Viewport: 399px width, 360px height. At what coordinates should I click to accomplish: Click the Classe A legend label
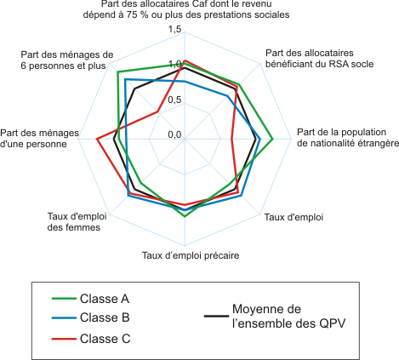coord(105,299)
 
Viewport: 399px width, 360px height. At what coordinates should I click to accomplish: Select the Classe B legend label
coord(105,317)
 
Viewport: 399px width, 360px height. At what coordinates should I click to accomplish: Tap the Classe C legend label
coord(105,339)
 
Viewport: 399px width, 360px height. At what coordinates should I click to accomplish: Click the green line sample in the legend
coord(64,299)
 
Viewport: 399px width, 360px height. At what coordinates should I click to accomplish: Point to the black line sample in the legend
coord(216,316)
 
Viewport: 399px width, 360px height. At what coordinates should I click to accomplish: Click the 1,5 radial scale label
coord(174,29)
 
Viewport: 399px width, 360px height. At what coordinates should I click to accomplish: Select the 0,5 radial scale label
coord(174,100)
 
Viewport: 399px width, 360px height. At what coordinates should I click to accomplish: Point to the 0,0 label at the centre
coord(174,134)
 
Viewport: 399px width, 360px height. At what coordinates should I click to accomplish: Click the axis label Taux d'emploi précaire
coord(191,255)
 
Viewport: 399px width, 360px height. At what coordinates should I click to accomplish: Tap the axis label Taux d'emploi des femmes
coord(77,222)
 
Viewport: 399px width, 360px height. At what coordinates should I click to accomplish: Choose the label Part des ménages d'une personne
coord(39,139)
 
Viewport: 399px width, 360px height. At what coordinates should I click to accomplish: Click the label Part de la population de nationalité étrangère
coord(348,138)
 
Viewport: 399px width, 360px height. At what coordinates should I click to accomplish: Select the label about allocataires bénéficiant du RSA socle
coord(319,59)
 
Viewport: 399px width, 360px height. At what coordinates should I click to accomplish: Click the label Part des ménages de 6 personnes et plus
coord(67,60)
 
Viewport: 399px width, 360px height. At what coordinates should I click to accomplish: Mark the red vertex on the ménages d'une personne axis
coord(97,139)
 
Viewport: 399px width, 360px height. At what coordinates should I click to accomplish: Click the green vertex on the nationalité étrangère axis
coord(272,139)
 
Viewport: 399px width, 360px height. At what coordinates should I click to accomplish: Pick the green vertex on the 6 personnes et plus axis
coord(117,71)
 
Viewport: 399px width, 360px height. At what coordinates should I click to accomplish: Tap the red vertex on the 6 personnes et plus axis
coord(157,111)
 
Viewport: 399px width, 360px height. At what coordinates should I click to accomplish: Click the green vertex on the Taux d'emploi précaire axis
coord(185,216)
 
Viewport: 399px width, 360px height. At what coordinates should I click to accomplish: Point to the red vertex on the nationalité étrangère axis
coord(231,139)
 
